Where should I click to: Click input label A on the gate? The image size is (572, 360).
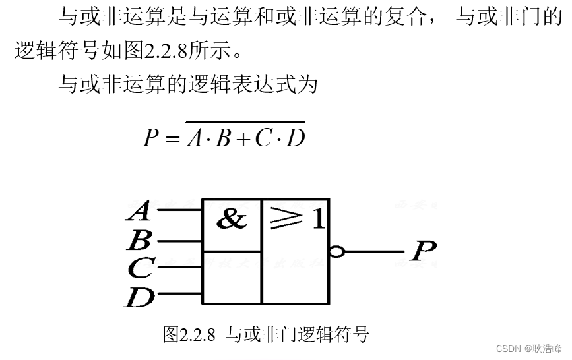(x=139, y=212)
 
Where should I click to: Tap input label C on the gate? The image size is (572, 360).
(x=141, y=267)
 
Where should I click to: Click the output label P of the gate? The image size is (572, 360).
(x=422, y=251)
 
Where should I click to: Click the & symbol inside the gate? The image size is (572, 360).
(x=232, y=219)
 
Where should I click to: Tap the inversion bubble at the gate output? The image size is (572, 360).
(x=337, y=252)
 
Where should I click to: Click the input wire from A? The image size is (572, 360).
(x=177, y=211)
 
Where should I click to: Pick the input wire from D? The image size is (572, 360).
(x=177, y=294)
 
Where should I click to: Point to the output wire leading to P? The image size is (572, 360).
(x=373, y=252)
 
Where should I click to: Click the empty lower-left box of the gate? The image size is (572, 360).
(x=232, y=277)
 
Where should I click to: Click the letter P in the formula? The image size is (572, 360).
(x=150, y=138)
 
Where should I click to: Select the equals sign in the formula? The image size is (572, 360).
(x=173, y=139)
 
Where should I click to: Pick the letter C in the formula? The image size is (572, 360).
(x=262, y=138)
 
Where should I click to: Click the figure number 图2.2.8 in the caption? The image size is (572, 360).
(x=189, y=335)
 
